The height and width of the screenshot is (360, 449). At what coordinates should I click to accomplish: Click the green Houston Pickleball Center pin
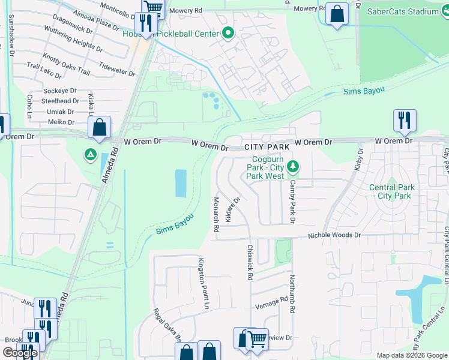click(x=228, y=34)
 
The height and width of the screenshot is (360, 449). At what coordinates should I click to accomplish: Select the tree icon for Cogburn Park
click(x=293, y=166)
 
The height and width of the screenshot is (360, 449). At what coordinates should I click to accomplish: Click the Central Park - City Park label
click(x=390, y=191)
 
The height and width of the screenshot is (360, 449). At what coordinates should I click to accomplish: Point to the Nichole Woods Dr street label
click(x=334, y=236)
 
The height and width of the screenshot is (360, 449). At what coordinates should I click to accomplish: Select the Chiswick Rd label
click(x=250, y=261)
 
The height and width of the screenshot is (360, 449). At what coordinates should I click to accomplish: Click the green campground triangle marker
click(x=90, y=155)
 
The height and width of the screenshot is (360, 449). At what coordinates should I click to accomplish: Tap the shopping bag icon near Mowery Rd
click(x=337, y=13)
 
